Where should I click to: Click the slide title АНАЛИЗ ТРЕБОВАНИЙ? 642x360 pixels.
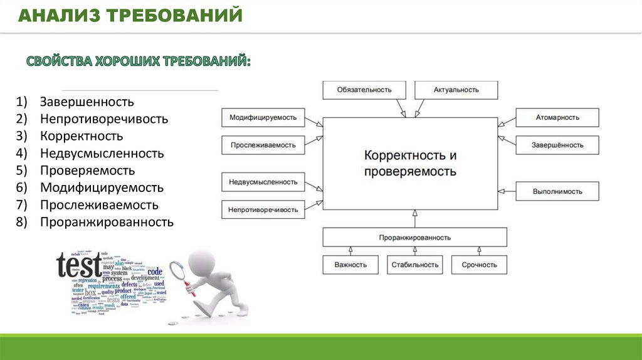130,16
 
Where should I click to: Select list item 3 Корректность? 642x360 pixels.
82,136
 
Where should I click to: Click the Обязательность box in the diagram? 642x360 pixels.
364,90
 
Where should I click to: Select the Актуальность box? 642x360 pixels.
456,90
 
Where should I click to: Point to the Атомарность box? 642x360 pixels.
557,117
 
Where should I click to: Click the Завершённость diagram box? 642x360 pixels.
557,145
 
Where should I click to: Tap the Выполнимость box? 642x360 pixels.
557,191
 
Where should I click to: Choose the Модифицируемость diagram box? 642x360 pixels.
263,117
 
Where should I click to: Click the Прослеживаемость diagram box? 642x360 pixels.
263,145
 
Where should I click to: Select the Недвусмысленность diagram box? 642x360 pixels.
263,182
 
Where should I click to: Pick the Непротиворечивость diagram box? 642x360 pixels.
263,209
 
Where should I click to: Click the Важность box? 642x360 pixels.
350,265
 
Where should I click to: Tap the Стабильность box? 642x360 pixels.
414,265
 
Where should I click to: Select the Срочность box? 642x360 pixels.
479,265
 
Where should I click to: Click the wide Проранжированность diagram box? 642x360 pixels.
414,238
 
